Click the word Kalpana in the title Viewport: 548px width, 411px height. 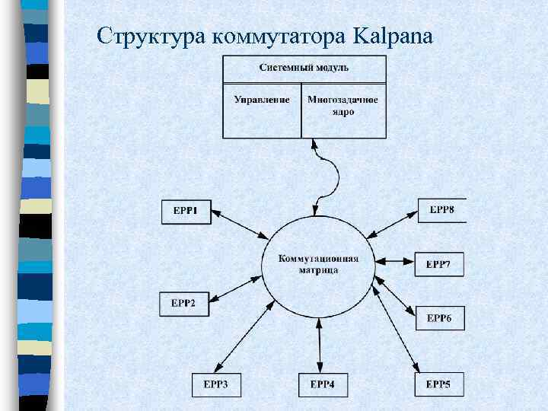point(393,36)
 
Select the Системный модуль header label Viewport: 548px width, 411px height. point(304,67)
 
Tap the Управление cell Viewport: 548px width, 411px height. point(262,100)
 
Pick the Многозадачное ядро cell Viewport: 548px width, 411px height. point(342,106)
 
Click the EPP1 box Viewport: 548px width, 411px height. point(185,211)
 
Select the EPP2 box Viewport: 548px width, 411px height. point(183,303)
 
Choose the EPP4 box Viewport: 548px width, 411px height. point(322,385)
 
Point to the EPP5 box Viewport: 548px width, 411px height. point(438,385)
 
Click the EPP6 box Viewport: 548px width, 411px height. point(439,318)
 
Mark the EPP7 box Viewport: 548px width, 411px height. point(438,264)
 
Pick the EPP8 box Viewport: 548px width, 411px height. point(441,209)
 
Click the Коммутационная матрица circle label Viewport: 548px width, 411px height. point(319,263)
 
